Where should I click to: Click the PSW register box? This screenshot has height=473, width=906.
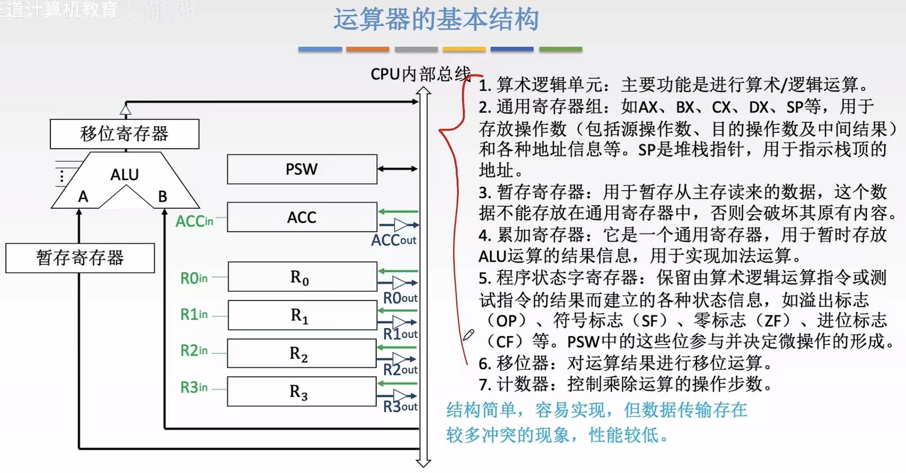point(302,169)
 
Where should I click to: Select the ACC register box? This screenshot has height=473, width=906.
point(302,217)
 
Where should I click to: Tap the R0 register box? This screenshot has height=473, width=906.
point(302,277)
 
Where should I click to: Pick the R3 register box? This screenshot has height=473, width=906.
point(301,392)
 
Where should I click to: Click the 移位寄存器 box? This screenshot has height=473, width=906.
point(124,134)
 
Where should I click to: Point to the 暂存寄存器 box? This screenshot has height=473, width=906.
point(80,258)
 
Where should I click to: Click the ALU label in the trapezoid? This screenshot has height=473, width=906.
point(125,175)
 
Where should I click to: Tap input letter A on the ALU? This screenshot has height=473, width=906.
point(83,197)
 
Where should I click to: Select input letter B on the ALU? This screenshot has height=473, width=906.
point(162,197)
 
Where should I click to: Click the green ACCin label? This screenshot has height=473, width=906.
point(194,221)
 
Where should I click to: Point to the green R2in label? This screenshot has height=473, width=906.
point(194,351)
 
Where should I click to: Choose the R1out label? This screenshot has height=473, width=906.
point(400,334)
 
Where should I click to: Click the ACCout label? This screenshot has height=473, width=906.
point(394,241)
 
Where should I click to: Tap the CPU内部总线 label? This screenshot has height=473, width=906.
point(420,74)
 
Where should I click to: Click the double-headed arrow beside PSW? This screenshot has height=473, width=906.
point(397,169)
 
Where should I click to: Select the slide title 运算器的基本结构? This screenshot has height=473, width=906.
point(436,20)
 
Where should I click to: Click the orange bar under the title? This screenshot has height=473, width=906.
point(367,49)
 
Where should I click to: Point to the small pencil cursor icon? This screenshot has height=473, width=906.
point(468,335)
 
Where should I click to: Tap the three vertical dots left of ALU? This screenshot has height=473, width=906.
point(62,176)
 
